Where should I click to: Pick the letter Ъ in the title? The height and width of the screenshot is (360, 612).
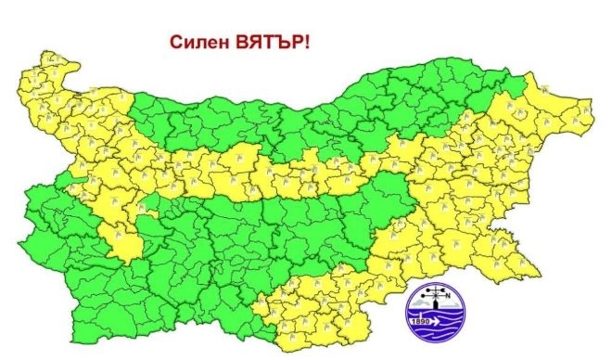(x=277, y=41)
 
